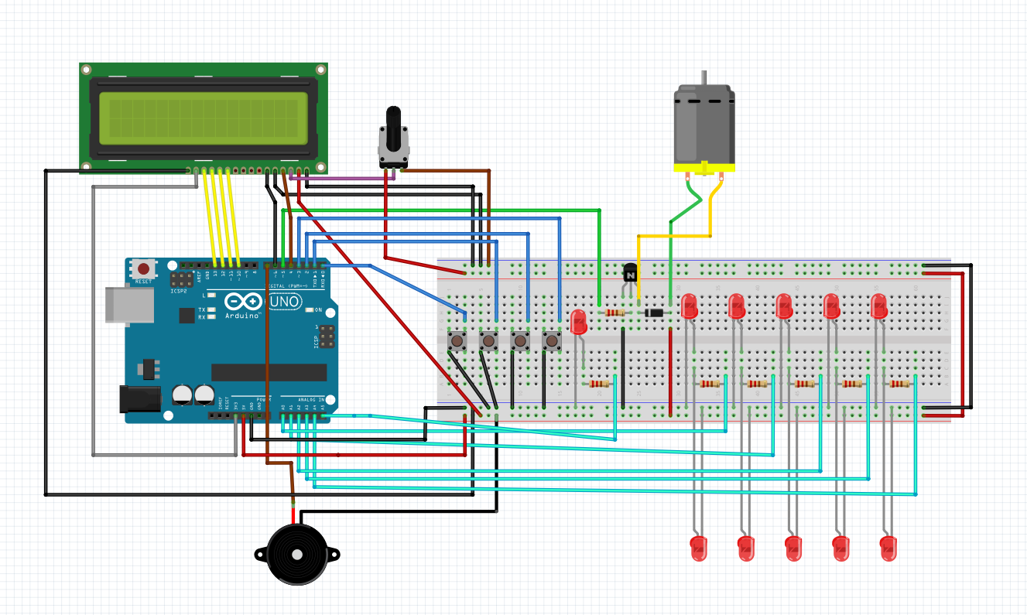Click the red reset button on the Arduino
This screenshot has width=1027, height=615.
pos(143,269)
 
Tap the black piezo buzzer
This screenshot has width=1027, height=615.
pos(296,554)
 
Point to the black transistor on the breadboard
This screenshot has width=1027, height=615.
pos(630,273)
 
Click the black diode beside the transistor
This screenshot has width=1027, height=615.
pos(654,313)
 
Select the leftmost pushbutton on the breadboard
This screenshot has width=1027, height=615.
pos(457,340)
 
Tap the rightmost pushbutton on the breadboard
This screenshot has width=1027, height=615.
pos(550,340)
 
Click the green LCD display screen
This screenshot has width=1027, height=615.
pos(203,116)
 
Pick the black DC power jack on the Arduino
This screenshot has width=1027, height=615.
pos(139,398)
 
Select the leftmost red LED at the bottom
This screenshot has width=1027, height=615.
pos(699,548)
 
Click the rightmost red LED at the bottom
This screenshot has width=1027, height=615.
pos(888,548)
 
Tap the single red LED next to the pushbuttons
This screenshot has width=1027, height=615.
pos(578,322)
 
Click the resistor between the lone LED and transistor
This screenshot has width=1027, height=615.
pos(614,313)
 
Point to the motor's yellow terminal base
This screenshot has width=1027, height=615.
pos(703,168)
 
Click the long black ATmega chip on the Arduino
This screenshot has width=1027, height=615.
pos(269,372)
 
